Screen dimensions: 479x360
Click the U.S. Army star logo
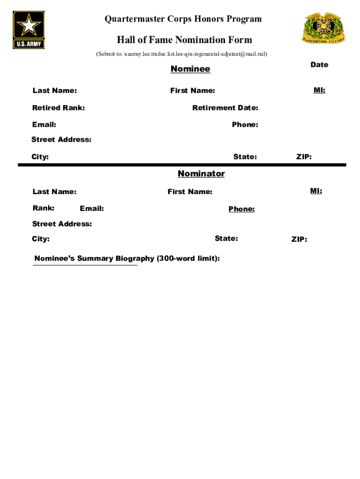(29, 30)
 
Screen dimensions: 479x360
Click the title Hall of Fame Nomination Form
(184, 40)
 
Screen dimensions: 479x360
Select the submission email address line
(182, 54)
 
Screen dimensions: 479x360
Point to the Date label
(319, 65)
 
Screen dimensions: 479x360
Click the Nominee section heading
(190, 69)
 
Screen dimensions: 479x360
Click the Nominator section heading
(201, 174)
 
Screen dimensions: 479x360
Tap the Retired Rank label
(58, 108)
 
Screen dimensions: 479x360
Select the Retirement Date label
(225, 108)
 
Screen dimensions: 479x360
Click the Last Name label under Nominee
(55, 90)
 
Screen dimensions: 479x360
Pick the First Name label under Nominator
(190, 192)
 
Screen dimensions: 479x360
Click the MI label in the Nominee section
(319, 90)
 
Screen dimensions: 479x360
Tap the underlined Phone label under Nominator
(241, 209)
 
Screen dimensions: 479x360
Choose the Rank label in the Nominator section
(43, 208)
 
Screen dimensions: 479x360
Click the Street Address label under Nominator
(62, 224)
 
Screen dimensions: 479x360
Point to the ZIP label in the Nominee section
(304, 157)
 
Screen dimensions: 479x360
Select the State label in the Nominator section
(226, 239)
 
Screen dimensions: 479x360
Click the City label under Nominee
(40, 157)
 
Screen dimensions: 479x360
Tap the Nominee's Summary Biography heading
(127, 259)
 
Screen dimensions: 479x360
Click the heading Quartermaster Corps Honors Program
(183, 19)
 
